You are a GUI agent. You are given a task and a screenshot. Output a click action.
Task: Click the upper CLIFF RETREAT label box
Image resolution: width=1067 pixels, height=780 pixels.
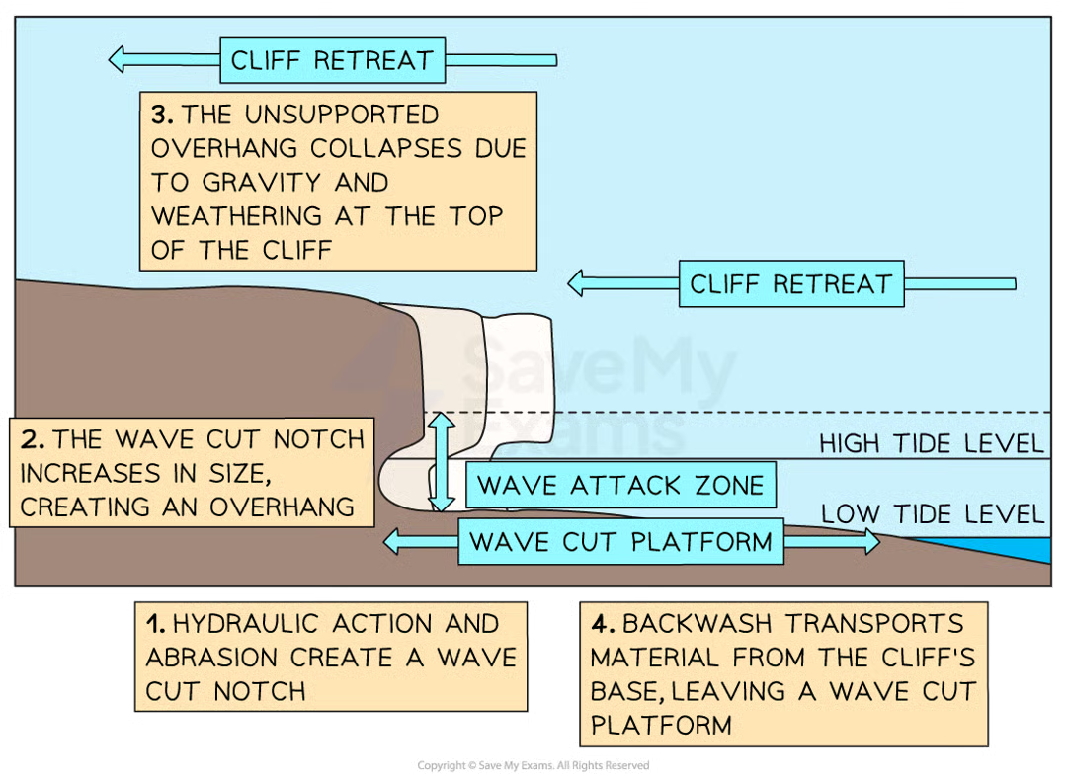tap(332, 60)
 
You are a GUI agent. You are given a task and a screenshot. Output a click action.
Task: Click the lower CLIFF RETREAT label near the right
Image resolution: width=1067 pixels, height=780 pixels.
tap(790, 284)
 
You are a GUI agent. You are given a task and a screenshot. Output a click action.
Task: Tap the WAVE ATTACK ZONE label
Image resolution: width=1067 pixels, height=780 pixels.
tap(620, 486)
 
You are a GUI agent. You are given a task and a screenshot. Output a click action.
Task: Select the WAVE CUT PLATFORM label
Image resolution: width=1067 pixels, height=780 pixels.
tap(620, 542)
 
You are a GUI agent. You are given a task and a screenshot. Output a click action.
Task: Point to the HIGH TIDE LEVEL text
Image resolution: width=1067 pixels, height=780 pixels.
tap(931, 445)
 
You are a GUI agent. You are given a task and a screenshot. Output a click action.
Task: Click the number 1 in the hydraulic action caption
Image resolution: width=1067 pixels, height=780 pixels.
tap(153, 624)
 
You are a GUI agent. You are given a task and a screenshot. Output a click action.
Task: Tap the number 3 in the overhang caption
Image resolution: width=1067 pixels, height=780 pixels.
tap(161, 116)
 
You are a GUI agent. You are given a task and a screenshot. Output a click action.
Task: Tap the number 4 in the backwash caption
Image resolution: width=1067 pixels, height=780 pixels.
tap(600, 624)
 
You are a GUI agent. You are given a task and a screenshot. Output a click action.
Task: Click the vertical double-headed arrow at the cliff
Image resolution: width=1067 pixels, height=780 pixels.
tap(442, 461)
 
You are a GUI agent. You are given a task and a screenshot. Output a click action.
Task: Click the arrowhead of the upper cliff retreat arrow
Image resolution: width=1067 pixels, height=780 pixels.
tap(119, 60)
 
